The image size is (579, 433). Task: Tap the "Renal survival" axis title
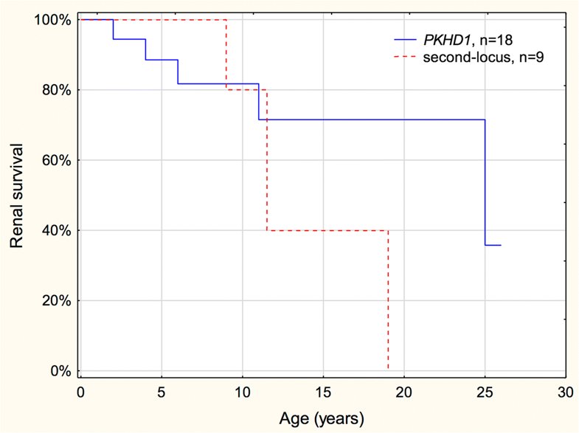(x=16, y=195)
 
